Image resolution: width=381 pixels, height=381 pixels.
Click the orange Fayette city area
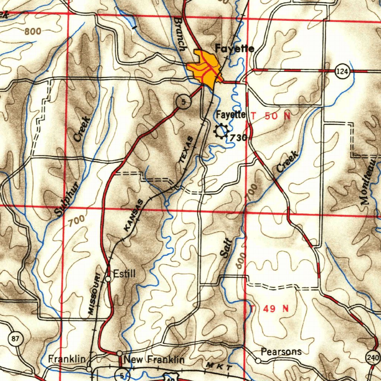point(204,69)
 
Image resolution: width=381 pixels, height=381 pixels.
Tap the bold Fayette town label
point(234,49)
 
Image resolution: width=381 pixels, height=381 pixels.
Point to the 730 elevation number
point(238,138)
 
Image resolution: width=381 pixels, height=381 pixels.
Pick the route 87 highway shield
point(15,339)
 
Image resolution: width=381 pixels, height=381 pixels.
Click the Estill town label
point(125,274)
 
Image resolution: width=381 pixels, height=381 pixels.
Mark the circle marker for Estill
point(108,278)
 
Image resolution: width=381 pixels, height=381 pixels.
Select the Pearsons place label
point(281,352)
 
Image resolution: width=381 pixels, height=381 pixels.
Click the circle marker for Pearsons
point(258,360)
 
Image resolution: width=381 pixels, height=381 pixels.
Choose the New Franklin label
point(154,360)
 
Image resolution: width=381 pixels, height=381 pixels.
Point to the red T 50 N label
point(270,116)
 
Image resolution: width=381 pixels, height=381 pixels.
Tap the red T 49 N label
point(269,308)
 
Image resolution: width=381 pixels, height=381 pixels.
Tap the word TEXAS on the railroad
point(186,150)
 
